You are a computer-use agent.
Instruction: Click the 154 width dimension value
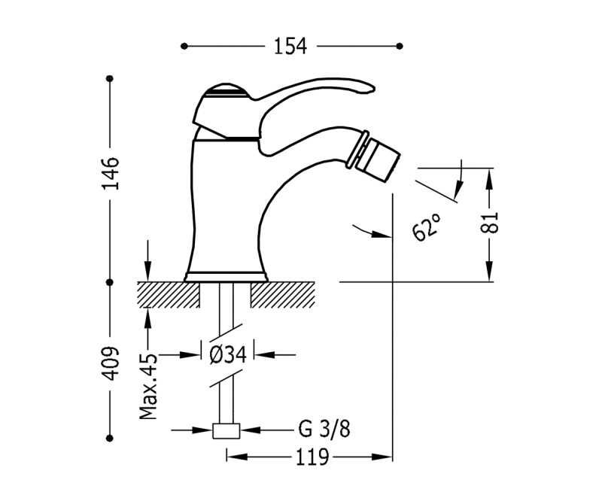(290, 47)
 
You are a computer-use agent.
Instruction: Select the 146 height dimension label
(111, 172)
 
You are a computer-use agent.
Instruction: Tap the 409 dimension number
(111, 363)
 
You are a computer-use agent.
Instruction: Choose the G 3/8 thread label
(323, 430)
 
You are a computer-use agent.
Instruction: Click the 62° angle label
(427, 226)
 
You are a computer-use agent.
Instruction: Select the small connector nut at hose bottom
(227, 431)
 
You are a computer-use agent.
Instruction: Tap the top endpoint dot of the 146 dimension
(111, 79)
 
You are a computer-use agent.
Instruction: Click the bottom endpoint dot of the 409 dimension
(111, 439)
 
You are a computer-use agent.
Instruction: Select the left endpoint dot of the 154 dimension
(184, 47)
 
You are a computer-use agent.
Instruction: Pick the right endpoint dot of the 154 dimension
(400, 47)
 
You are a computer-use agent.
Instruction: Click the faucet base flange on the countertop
(227, 275)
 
